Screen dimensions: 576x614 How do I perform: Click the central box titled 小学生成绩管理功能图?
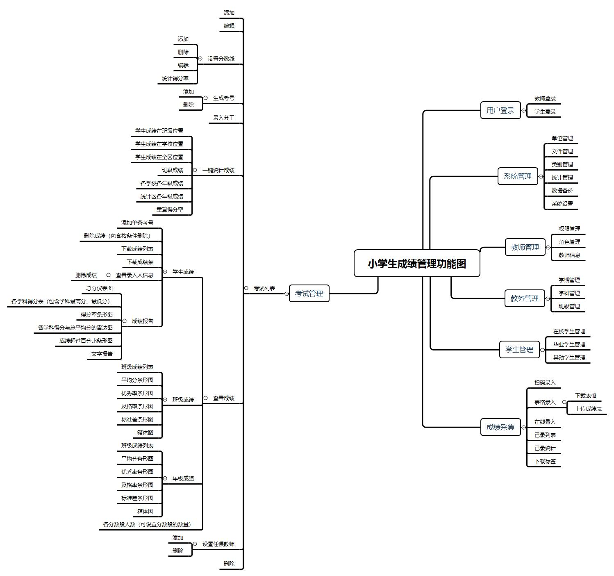pyautogui.click(x=416, y=263)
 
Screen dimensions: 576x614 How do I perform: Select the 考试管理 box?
pyautogui.click(x=309, y=294)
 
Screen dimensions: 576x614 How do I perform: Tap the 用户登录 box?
pyautogui.click(x=500, y=110)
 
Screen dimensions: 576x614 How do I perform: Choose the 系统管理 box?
pyautogui.click(x=517, y=176)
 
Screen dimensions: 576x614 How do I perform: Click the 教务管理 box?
pyautogui.click(x=524, y=298)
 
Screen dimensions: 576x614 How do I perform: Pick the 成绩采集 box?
pyautogui.click(x=500, y=427)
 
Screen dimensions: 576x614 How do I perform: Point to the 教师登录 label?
pyautogui.click(x=545, y=98)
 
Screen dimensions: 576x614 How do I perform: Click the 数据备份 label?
pyautogui.click(x=562, y=191)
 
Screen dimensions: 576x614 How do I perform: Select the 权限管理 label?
pyautogui.click(x=569, y=229)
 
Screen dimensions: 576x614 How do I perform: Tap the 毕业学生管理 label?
pyautogui.click(x=569, y=344)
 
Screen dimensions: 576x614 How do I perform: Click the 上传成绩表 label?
pyautogui.click(x=588, y=409)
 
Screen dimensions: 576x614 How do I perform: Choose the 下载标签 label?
pyautogui.click(x=545, y=461)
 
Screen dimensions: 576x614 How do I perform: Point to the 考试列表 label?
pyautogui.click(x=264, y=288)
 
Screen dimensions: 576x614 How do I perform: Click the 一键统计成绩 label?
pyautogui.click(x=218, y=170)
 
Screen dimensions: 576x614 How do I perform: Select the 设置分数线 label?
pyautogui.click(x=221, y=59)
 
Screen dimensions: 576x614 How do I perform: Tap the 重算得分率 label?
pyautogui.click(x=170, y=209)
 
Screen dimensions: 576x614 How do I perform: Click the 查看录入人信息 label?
pyautogui.click(x=134, y=275)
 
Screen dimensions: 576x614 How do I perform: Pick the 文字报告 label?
pyautogui.click(x=102, y=354)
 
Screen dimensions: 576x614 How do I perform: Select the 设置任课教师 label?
pyautogui.click(x=218, y=544)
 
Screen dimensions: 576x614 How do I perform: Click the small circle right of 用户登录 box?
pyautogui.click(x=523, y=110)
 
